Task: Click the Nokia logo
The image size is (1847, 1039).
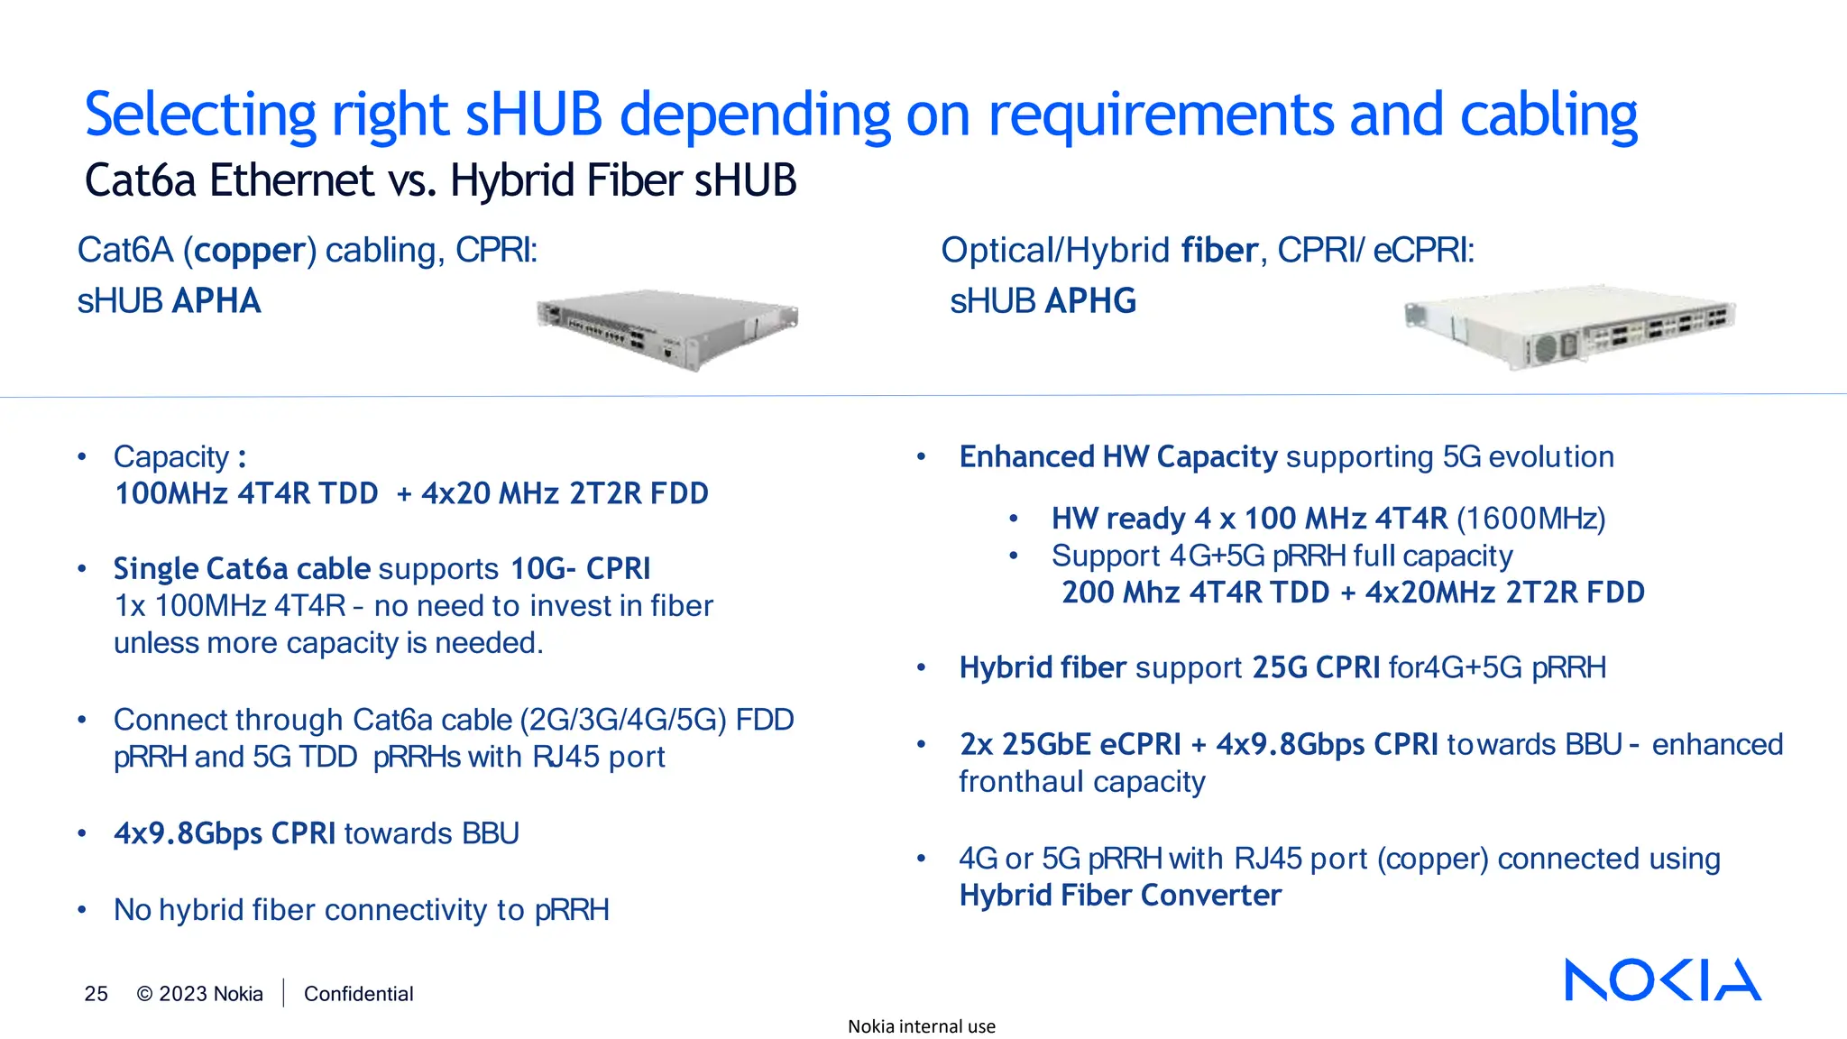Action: point(1662,979)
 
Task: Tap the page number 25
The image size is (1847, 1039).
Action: point(96,994)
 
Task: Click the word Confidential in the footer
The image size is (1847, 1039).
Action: point(358,994)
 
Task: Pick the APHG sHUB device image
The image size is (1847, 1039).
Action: point(1569,330)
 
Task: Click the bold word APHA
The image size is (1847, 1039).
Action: point(216,301)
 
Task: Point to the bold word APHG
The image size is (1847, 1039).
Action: point(1091,301)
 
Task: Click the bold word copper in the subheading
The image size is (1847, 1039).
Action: point(250,251)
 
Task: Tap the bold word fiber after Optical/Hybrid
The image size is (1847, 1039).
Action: point(1219,251)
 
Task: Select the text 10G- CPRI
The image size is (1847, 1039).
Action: point(580,569)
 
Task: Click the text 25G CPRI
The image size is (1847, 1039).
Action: point(1316,667)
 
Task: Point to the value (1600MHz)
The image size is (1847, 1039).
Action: point(1531,519)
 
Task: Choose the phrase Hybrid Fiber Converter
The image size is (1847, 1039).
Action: point(1120,896)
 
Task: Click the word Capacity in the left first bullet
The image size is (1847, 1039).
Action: point(171,457)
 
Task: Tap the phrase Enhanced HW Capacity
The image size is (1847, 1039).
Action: point(1118,457)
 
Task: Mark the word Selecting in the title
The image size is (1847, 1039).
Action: point(200,115)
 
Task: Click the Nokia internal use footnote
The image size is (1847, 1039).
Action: point(921,1026)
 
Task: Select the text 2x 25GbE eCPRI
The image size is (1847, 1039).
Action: point(1070,745)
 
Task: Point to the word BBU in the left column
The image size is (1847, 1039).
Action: point(490,833)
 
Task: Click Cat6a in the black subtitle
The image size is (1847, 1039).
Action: point(140,180)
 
